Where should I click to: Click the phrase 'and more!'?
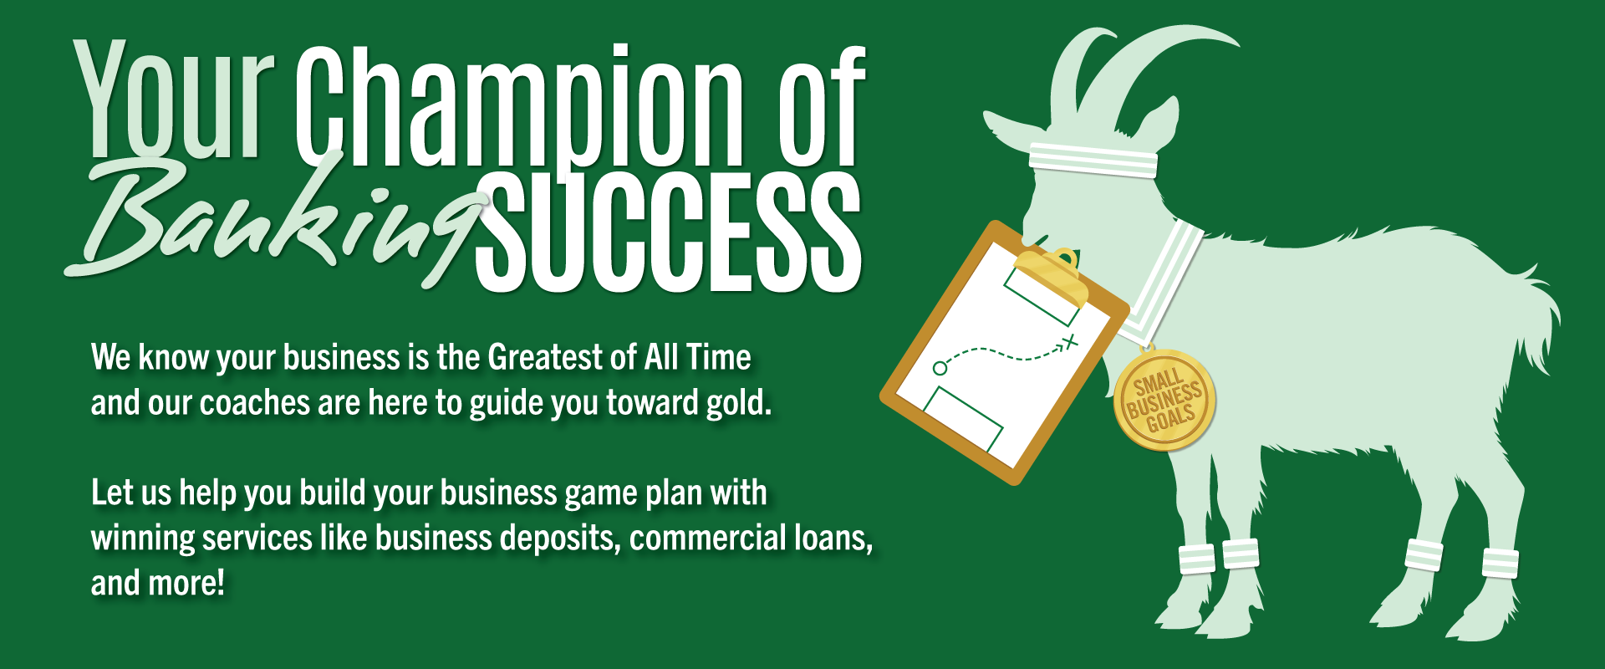point(158,583)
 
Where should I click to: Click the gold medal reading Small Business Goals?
point(1164,401)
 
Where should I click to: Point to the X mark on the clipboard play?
point(1071,341)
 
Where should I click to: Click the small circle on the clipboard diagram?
point(940,368)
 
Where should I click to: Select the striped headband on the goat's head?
point(1093,159)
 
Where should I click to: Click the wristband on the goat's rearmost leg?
point(1501,562)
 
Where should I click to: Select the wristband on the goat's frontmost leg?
point(1196,559)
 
